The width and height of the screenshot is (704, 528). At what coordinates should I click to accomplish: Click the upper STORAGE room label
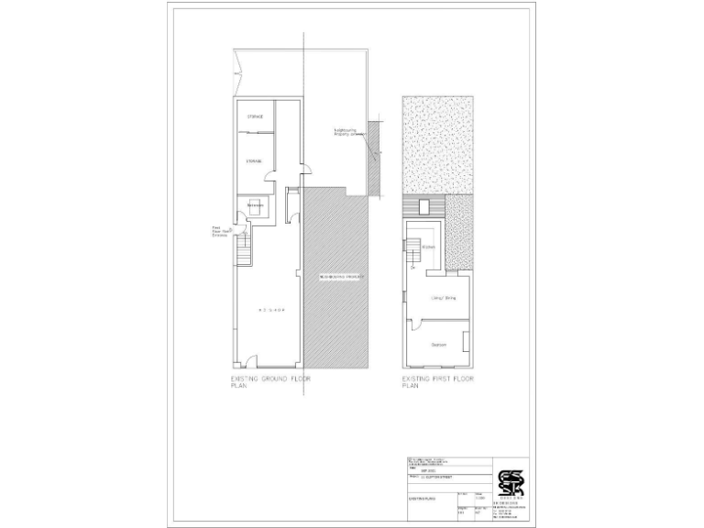pyautogui.click(x=255, y=117)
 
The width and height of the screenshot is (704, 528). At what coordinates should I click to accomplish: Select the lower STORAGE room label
pyautogui.click(x=254, y=160)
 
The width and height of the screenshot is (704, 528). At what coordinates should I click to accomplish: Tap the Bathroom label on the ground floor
pyautogui.click(x=256, y=204)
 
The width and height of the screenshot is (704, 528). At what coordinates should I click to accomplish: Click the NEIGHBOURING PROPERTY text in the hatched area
pyautogui.click(x=342, y=276)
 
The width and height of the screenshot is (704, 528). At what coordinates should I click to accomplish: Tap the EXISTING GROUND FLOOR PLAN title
pyautogui.click(x=270, y=380)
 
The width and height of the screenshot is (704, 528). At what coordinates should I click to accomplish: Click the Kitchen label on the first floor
pyautogui.click(x=428, y=247)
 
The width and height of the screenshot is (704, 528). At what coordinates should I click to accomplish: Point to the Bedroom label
pyautogui.click(x=439, y=344)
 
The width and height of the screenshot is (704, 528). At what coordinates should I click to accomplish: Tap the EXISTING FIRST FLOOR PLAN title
pyautogui.click(x=439, y=380)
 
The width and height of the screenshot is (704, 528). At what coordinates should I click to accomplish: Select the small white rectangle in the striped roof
pyautogui.click(x=423, y=206)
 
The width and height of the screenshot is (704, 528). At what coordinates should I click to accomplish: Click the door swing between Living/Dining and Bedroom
pyautogui.click(x=415, y=323)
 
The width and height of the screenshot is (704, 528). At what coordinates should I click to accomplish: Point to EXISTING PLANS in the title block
pyautogui.click(x=423, y=498)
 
